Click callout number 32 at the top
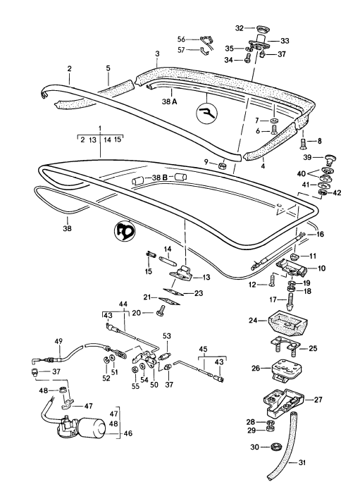point(239,28)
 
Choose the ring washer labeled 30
point(275,446)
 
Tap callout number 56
point(180,39)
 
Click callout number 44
point(123,304)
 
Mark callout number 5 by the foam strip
point(108,68)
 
